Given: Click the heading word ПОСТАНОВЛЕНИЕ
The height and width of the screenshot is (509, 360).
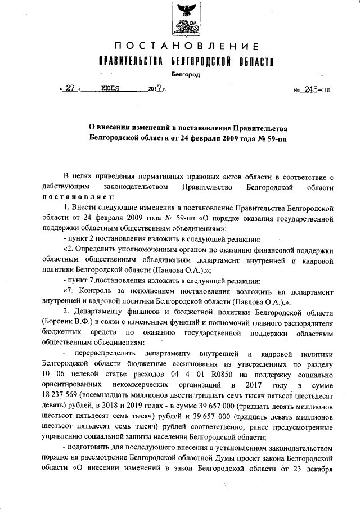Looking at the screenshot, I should (x=186, y=46).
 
